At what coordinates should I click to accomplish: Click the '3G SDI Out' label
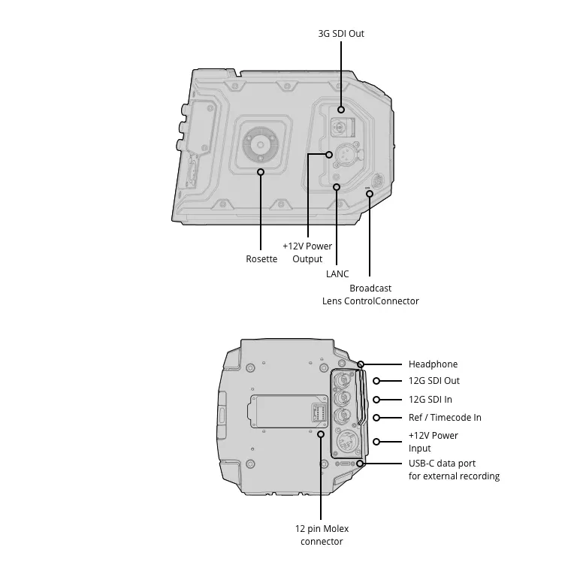point(341,34)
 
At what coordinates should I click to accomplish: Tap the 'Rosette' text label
point(261,259)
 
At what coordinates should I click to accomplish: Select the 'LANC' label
point(337,273)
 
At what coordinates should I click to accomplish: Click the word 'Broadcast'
point(370,288)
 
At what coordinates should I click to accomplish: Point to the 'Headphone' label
point(433,364)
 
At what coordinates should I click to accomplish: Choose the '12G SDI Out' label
point(434,381)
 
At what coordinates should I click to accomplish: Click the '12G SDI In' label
point(430,400)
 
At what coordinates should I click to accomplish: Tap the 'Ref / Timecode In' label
point(445,418)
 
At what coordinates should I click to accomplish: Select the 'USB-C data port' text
point(442,464)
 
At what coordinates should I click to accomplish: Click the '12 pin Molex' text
point(322,529)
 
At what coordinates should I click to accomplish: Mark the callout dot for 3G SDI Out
point(341,110)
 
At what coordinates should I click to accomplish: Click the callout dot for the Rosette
point(261,171)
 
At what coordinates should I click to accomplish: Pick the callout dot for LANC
point(337,187)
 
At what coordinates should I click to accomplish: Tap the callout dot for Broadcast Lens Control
point(370,194)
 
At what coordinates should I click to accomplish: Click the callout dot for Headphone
point(361,364)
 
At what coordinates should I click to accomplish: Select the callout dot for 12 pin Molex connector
point(321,434)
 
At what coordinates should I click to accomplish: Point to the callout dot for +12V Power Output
point(329,155)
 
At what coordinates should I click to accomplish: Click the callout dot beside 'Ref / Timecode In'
point(376,418)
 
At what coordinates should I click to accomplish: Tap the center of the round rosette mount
point(261,145)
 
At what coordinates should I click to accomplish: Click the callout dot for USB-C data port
point(360,464)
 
